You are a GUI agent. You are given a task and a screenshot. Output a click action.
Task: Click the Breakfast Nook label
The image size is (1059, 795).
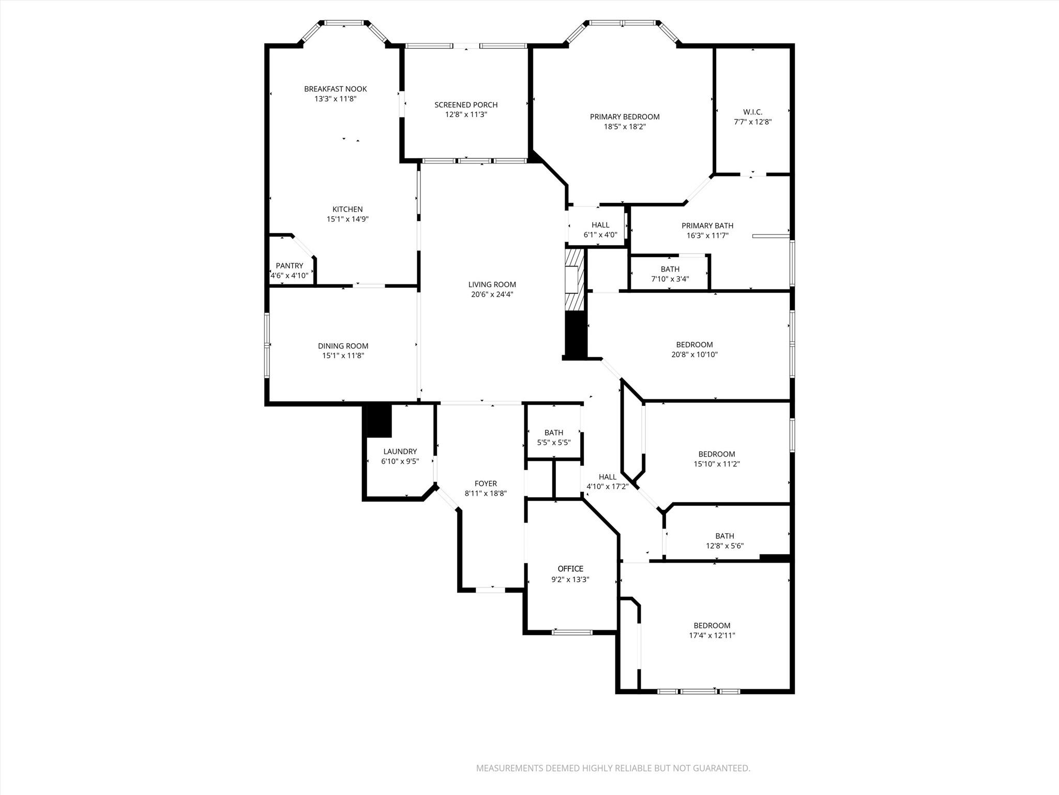tap(335, 89)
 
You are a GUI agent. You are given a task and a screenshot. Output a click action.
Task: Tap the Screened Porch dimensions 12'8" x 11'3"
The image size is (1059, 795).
tap(466, 114)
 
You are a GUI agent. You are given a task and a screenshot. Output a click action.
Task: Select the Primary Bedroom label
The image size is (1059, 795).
tap(625, 117)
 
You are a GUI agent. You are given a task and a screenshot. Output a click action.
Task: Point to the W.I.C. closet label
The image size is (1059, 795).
tap(752, 112)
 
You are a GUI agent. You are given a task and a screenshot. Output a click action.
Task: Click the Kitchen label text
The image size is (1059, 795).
tap(347, 209)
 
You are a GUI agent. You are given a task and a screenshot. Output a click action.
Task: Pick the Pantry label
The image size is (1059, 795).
tap(289, 266)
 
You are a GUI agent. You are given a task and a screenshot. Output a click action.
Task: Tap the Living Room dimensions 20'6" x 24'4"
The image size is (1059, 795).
tap(492, 295)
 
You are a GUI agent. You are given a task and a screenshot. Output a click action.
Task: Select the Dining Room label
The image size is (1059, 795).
tap(343, 346)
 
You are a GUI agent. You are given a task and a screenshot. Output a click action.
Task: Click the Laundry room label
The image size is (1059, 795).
tap(400, 451)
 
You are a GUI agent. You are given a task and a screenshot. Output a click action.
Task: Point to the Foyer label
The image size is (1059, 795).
tap(485, 483)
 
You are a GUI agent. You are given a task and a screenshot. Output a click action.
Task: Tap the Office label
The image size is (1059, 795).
tap(570, 569)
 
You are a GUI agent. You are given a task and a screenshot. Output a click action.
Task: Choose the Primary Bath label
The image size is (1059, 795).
tap(707, 226)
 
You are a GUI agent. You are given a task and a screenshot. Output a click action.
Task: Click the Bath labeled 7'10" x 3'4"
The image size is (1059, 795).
tap(670, 274)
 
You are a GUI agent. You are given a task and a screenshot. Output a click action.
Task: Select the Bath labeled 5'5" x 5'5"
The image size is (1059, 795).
tap(553, 437)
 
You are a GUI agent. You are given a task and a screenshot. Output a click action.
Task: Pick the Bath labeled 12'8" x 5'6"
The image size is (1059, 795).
tap(724, 541)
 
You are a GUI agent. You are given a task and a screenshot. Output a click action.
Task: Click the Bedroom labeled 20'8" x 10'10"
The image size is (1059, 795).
tap(694, 349)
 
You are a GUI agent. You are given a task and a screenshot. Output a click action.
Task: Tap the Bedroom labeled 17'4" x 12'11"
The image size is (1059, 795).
tap(712, 630)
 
